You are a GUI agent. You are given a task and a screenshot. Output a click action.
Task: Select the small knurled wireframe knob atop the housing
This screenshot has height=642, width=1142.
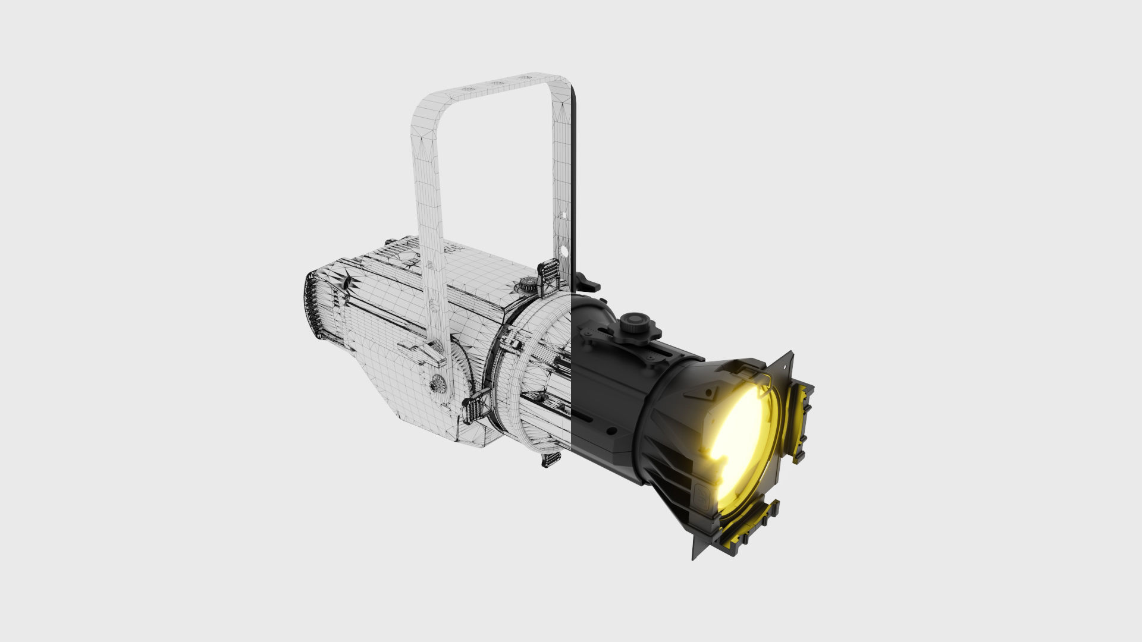pyautogui.click(x=526, y=285)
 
